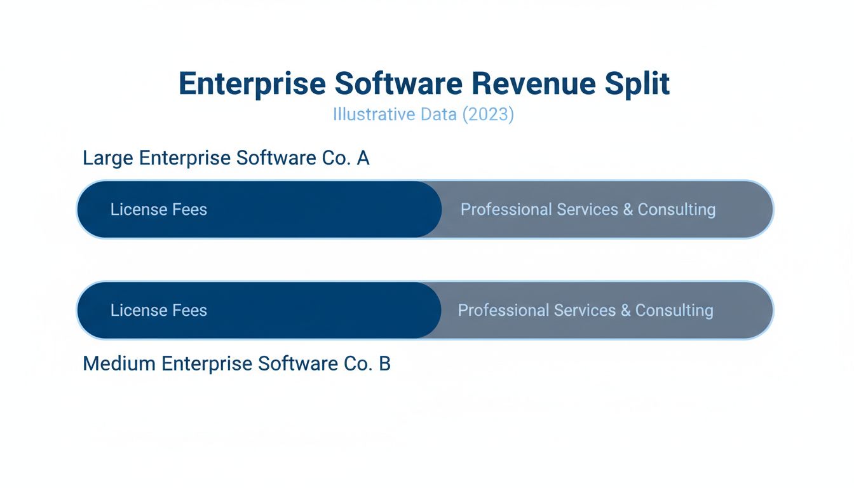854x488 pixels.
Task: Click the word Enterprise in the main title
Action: coord(251,85)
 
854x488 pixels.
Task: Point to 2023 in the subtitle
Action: coord(487,115)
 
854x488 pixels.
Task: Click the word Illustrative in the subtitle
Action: coord(374,115)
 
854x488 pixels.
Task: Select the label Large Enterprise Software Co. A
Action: coord(226,158)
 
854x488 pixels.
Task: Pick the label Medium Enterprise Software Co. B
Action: coord(236,363)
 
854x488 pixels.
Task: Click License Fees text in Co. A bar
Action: coord(159,210)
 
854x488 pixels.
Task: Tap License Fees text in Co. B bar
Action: coord(159,311)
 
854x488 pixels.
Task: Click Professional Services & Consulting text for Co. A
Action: coord(588,210)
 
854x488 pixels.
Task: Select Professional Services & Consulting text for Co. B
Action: coord(585,311)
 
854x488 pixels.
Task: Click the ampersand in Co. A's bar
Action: coord(628,210)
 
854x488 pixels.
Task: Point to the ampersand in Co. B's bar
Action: coord(625,311)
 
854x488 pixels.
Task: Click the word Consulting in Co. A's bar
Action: coord(676,210)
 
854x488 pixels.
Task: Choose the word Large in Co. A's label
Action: coord(108,158)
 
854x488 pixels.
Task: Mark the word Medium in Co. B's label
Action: coord(119,363)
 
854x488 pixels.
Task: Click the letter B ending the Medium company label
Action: coord(384,363)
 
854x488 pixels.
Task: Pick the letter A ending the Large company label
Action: coord(363,158)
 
